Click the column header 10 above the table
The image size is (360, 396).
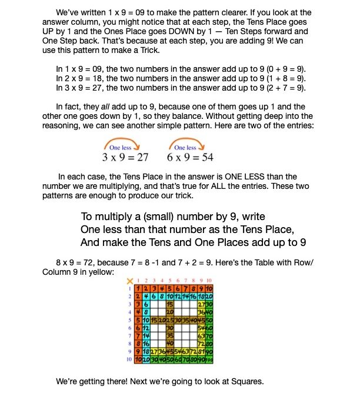209,281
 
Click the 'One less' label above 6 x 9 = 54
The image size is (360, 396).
186,148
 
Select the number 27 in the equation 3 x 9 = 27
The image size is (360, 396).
140,158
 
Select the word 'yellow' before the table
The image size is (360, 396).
113,272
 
